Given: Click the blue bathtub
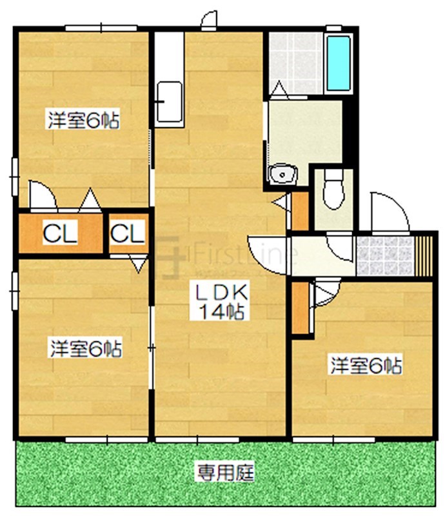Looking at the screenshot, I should coord(339,63).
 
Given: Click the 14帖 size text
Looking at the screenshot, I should coord(219,313).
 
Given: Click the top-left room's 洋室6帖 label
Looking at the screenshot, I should coord(83,121).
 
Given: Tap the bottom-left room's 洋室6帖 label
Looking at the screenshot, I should coord(85,350).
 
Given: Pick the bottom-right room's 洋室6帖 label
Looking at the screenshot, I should coord(365,366).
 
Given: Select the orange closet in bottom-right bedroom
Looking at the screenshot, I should coord(300,308).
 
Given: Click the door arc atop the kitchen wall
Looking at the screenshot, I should coord(209,20).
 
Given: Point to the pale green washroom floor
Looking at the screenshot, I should coord(303,132).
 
